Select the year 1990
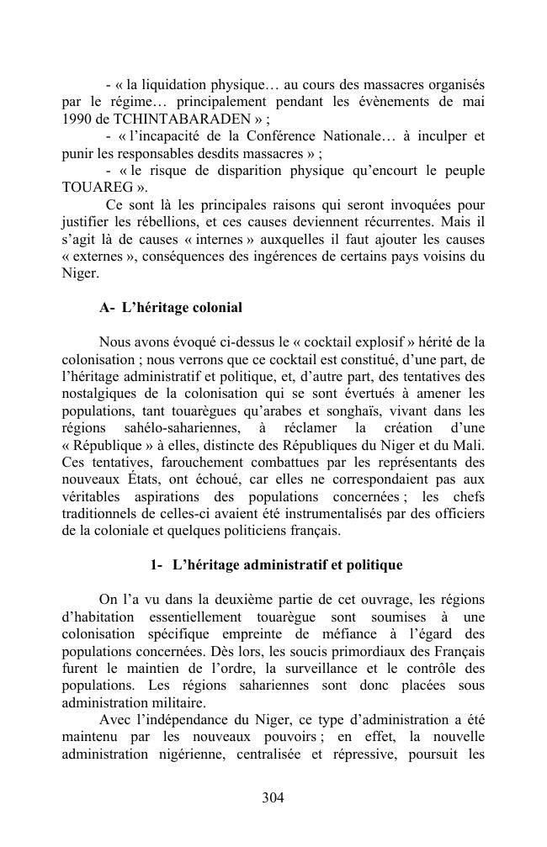77,119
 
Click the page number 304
273,798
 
